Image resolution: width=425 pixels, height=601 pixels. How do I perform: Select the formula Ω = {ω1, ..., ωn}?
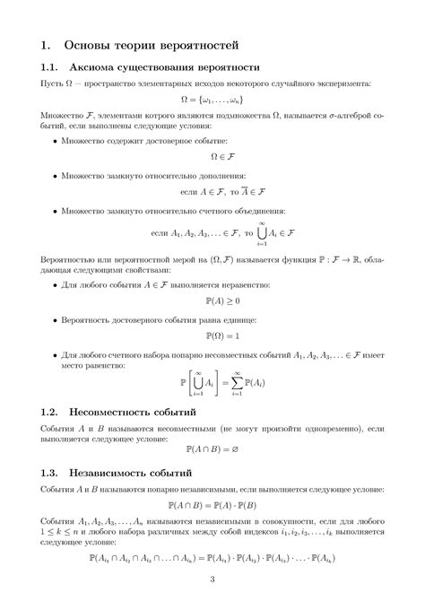[212, 99]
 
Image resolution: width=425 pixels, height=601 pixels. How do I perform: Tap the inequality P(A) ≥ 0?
[212, 300]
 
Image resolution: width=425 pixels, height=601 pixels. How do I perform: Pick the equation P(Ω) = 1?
[212, 335]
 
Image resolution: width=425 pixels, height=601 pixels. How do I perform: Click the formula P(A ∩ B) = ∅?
[212, 448]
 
